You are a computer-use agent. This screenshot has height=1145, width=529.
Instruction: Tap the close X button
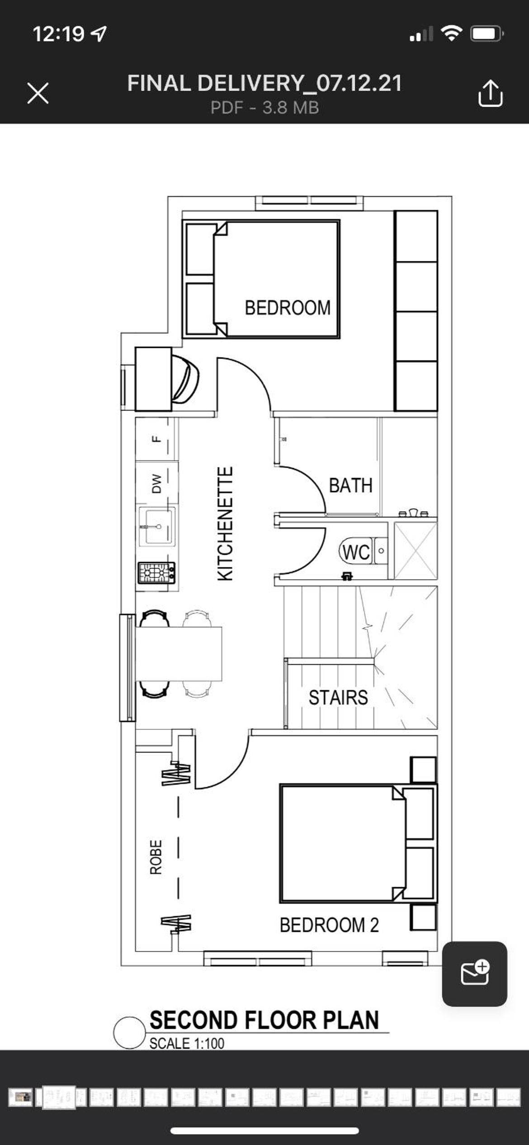pyautogui.click(x=38, y=94)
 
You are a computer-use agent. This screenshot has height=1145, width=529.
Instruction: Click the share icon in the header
pyautogui.click(x=490, y=94)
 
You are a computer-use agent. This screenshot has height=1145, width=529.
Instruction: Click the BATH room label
pyautogui.click(x=350, y=486)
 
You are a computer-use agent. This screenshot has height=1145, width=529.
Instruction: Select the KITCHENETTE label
pyautogui.click(x=225, y=524)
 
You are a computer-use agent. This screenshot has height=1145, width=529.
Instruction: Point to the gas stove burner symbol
pyautogui.click(x=156, y=573)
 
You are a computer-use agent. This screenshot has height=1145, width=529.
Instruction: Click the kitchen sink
pyautogui.click(x=156, y=526)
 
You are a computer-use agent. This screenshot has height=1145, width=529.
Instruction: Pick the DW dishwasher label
pyautogui.click(x=156, y=483)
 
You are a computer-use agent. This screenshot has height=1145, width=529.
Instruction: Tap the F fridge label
pyautogui.click(x=156, y=439)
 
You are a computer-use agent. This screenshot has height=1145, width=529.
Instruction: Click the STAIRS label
pyautogui.click(x=338, y=697)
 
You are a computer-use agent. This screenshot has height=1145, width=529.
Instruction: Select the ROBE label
pyautogui.click(x=156, y=857)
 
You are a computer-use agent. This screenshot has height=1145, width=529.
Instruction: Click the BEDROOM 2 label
pyautogui.click(x=329, y=925)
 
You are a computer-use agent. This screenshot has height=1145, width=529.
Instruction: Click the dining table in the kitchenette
pyautogui.click(x=179, y=654)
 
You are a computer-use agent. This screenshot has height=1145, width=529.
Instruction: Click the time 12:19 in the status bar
pyautogui.click(x=58, y=34)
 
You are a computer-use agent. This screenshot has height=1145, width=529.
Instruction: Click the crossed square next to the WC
pyautogui.click(x=416, y=550)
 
